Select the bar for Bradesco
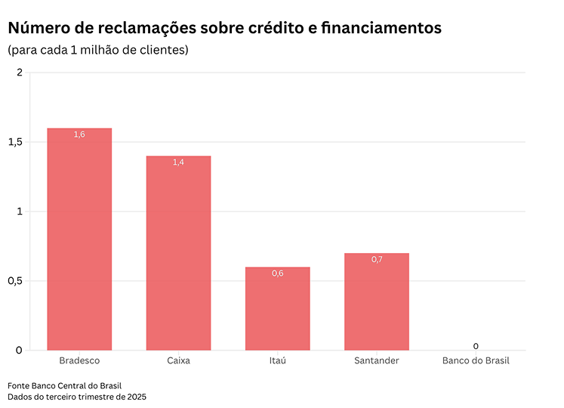point(79,242)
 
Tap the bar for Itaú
point(277,310)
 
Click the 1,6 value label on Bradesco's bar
point(79,134)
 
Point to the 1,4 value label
point(178,162)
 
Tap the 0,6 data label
point(277,274)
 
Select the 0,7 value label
point(377,260)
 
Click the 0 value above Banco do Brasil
point(476,346)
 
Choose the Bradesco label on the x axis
point(79,361)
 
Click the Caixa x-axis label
point(178,361)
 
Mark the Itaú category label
point(277,361)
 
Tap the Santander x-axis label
point(376,361)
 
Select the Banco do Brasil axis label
point(476,361)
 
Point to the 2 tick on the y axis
point(20,73)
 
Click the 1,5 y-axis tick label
point(17,142)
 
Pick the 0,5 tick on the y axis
point(17,281)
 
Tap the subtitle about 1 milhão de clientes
point(97,51)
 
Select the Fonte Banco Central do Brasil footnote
point(64,385)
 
